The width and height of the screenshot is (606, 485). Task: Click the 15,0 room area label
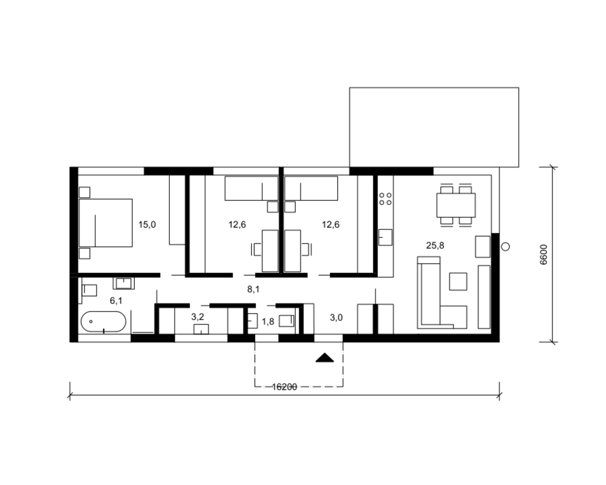click(x=147, y=225)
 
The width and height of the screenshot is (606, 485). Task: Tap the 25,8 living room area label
click(x=435, y=245)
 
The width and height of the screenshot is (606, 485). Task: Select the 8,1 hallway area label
click(x=253, y=289)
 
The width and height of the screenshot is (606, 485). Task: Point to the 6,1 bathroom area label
click(x=116, y=301)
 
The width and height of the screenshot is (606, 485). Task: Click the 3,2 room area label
click(x=198, y=317)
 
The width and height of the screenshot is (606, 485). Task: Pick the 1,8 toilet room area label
click(x=268, y=322)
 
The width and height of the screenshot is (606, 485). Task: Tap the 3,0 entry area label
click(x=336, y=318)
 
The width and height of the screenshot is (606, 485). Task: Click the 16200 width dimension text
click(x=285, y=387)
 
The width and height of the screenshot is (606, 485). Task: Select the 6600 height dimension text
click(x=544, y=255)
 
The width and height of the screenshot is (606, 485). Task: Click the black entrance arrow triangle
click(x=325, y=358)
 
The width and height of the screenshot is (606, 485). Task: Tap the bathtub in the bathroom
click(x=104, y=322)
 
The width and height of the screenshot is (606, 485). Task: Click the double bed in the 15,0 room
click(x=105, y=223)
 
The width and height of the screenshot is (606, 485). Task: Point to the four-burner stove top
click(x=385, y=199)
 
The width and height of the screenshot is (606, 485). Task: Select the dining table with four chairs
click(x=456, y=205)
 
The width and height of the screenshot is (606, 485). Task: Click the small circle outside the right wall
click(x=505, y=247)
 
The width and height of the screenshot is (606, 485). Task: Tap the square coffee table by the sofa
click(x=458, y=281)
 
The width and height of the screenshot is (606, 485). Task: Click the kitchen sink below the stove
click(x=385, y=237)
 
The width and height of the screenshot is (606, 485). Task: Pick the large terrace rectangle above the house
click(x=434, y=127)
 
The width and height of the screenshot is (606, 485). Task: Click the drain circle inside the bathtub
click(x=91, y=322)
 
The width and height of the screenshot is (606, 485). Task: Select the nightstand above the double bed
click(x=84, y=192)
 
